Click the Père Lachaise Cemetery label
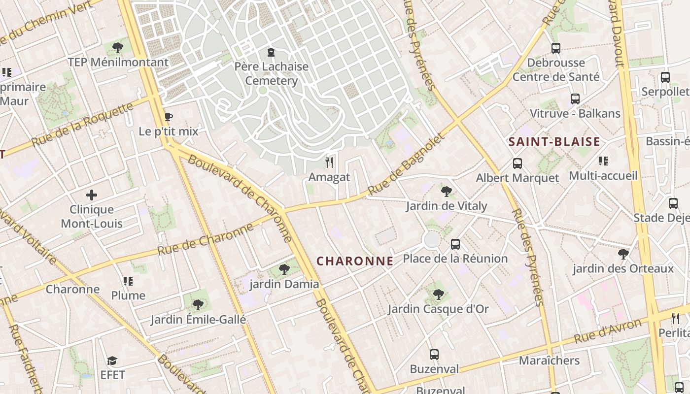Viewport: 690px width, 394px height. point(272,74)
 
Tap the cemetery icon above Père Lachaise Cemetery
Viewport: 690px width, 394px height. point(271,52)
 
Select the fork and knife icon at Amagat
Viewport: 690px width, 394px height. point(329,162)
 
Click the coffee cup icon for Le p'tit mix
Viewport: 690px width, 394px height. point(169,117)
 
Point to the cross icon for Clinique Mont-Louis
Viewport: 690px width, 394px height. point(92,195)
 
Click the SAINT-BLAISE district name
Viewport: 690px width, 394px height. point(554,142)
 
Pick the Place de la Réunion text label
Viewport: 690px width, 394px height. point(455,259)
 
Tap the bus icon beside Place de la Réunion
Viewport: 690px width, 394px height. point(455,244)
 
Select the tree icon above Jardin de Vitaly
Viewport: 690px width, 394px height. point(447,191)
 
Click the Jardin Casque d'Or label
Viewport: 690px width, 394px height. point(438,309)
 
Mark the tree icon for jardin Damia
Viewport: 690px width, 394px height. point(284,269)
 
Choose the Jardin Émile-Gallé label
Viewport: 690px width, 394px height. point(198,320)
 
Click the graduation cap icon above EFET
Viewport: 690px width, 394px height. point(112,361)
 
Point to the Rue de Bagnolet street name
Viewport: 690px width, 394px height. point(406,164)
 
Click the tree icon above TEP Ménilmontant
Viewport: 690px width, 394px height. point(118,48)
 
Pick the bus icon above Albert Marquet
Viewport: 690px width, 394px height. point(517,163)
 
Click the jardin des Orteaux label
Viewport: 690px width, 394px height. point(623,269)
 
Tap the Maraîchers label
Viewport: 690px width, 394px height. point(549,361)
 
